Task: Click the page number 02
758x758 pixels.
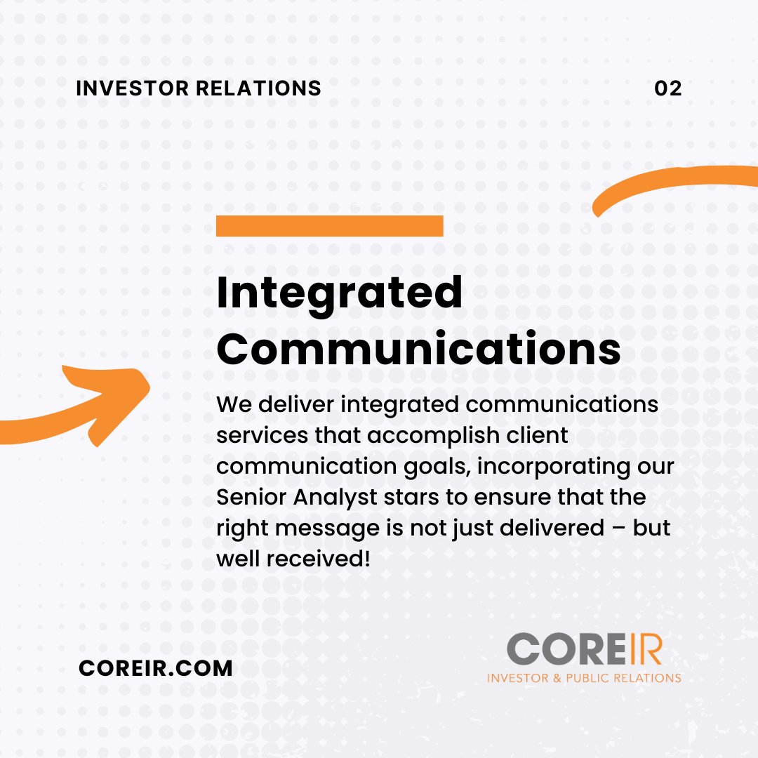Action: click(x=667, y=88)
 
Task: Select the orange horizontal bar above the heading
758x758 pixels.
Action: click(x=329, y=226)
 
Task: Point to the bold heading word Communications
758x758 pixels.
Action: click(x=418, y=349)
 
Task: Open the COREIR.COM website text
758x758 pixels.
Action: click(x=156, y=667)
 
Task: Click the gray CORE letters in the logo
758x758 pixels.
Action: click(x=557, y=649)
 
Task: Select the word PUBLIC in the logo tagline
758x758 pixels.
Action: click(x=605, y=678)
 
